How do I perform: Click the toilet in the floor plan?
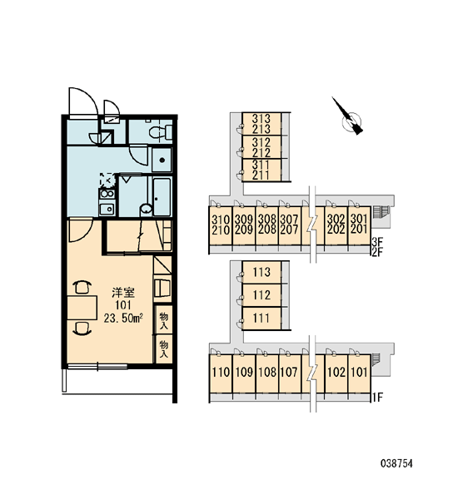click(161, 131)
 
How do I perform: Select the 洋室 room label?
click(123, 292)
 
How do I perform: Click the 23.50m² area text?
click(123, 318)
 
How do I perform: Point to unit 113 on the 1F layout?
click(261, 272)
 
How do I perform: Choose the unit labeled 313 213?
click(261, 124)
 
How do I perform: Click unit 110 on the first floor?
click(221, 373)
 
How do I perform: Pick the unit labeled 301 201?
click(359, 224)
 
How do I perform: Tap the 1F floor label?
click(376, 398)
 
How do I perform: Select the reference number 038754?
click(396, 463)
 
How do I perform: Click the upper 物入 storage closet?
click(164, 319)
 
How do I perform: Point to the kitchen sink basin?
click(107, 209)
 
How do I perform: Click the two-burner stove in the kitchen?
click(107, 194)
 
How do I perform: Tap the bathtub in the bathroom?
click(162, 196)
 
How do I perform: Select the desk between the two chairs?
click(82, 308)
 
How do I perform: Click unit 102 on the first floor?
click(336, 373)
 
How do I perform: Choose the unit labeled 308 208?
click(267, 224)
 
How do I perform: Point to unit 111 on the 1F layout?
click(261, 318)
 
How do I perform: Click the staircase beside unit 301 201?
click(381, 210)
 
